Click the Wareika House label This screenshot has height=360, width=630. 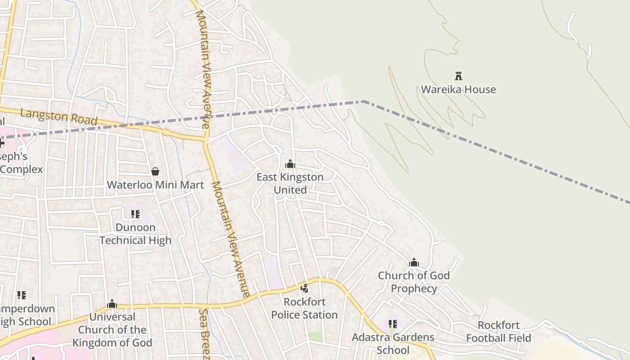(x=458, y=90)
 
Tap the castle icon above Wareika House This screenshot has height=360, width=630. (x=459, y=76)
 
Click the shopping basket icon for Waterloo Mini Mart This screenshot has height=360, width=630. (x=155, y=171)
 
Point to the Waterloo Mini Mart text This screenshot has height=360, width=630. (x=155, y=185)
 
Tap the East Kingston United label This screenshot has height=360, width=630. (x=290, y=183)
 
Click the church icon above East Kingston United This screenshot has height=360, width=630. (x=290, y=164)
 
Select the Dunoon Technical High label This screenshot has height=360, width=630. (x=135, y=234)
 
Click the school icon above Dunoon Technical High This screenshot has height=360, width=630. (x=135, y=214)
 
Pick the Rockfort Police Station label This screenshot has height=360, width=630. (x=304, y=308)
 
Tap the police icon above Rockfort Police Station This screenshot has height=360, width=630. (x=305, y=288)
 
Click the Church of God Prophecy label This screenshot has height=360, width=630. (x=414, y=282)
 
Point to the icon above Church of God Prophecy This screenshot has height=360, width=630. (x=414, y=262)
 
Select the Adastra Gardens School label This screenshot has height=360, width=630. (x=393, y=343)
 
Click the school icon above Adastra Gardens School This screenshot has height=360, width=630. (x=393, y=324)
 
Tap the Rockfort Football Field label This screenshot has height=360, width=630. (x=499, y=332)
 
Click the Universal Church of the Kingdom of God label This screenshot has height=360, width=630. (x=112, y=330)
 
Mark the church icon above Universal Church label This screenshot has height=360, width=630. (x=112, y=304)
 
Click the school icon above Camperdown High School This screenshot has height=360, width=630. (x=21, y=295)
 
